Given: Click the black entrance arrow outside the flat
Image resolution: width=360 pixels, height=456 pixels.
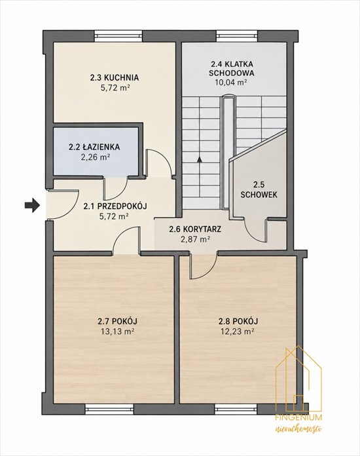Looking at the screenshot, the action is [31, 205].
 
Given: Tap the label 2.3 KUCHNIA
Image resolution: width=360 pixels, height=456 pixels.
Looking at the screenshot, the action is [114, 78].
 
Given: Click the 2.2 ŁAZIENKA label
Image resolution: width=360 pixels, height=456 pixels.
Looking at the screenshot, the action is [94, 147].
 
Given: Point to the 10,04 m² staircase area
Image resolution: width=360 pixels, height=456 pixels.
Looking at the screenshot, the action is [231, 82].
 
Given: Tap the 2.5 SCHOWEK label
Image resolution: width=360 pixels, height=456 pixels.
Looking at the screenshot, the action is [259, 189].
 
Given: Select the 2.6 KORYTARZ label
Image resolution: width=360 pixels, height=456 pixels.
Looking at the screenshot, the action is [195, 229].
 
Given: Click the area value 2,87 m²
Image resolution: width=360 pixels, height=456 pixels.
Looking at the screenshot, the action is [195, 239].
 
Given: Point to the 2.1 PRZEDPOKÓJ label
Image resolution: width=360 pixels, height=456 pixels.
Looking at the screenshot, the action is [115, 206].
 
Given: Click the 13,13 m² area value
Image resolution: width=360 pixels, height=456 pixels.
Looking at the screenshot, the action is [117, 332].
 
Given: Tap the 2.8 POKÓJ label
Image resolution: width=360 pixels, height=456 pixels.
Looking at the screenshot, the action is [238, 321].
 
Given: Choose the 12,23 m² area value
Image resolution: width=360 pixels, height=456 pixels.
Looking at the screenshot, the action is [238, 332].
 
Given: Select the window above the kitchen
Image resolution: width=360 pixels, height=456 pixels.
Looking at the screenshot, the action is [118, 36].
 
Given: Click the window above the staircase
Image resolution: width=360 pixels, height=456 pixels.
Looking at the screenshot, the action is [237, 36].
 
